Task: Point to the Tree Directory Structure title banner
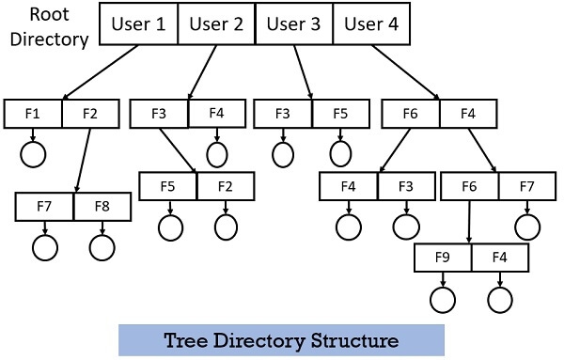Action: pyautogui.click(x=281, y=338)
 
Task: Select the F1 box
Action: pyautogui.click(x=33, y=114)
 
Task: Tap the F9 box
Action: pyautogui.click(x=443, y=257)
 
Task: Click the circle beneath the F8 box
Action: pyautogui.click(x=102, y=246)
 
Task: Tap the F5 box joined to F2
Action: pyautogui.click(x=168, y=186)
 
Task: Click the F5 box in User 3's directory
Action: pyautogui.click(x=340, y=114)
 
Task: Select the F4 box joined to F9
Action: pyautogui.click(x=500, y=257)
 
